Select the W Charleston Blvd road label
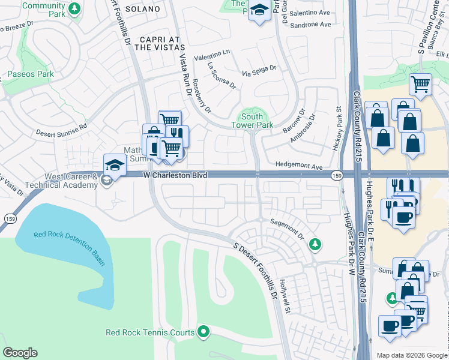(175, 175)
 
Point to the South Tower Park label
(252, 121)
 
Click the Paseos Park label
(30, 74)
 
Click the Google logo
(20, 353)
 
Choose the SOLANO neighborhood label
(143, 10)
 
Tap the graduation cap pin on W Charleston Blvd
(115, 164)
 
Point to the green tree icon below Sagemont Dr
(314, 244)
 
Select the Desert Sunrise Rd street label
(61, 129)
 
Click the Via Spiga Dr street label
(259, 71)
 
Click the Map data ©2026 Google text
(411, 355)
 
